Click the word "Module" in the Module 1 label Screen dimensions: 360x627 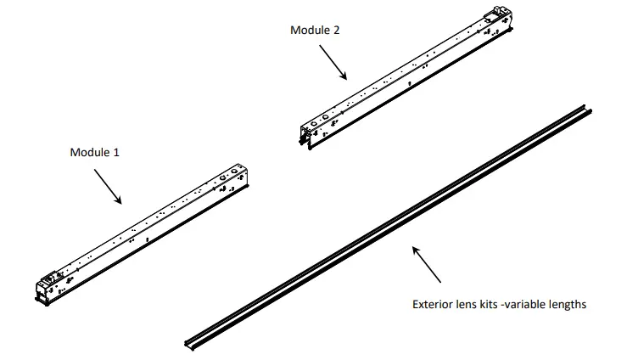coord(89,153)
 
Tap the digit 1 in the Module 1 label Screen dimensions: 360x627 coord(116,153)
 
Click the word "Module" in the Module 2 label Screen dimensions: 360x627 coord(311,30)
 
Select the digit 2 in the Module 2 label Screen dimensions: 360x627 coord(337,30)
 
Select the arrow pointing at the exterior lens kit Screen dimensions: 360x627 coord(427,263)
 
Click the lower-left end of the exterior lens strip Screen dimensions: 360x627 coord(189,341)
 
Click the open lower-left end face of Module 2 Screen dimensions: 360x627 coord(305,137)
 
